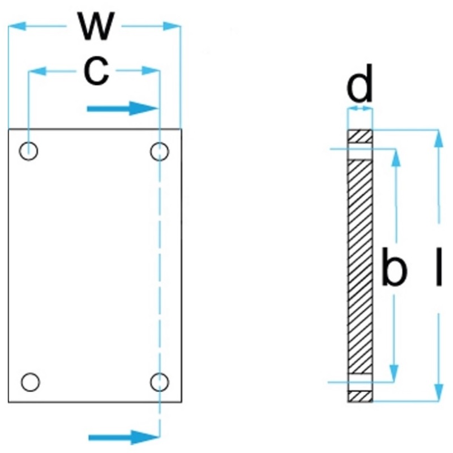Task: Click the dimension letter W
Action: tap(96, 26)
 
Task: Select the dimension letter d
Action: tap(360, 84)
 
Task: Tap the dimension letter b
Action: tap(394, 266)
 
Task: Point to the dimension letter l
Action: tap(439, 266)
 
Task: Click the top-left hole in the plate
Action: tap(28, 151)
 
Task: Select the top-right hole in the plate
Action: tap(160, 151)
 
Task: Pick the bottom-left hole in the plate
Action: tap(30, 382)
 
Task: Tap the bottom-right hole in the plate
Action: tap(160, 382)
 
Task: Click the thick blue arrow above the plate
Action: tap(123, 109)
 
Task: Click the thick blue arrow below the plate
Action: tap(124, 437)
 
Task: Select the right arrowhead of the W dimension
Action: tap(172, 26)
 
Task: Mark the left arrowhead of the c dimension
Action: tap(37, 71)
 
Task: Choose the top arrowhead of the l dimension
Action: tap(438, 139)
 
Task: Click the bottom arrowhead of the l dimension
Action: tap(439, 392)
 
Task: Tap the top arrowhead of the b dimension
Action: tap(396, 158)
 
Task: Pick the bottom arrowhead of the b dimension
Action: tap(394, 373)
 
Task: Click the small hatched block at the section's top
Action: tap(360, 136)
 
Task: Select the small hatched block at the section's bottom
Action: tap(360, 396)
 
